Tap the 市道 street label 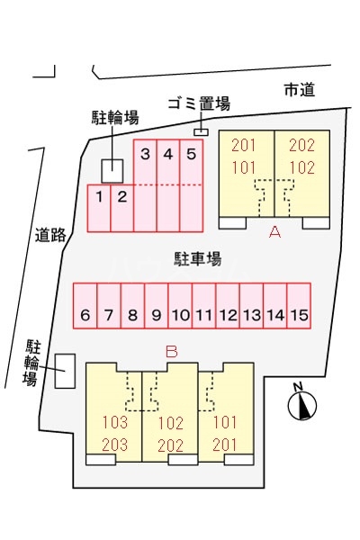point(300,90)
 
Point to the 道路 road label point(50,235)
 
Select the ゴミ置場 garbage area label point(199,103)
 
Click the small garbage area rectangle point(202,132)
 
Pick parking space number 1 point(99,208)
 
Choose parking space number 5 point(191,185)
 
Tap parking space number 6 point(85,306)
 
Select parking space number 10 point(180,306)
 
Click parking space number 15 point(299,306)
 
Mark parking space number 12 point(228,306)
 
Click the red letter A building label point(274,232)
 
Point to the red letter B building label point(172,352)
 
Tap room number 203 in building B point(115,445)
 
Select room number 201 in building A point(244,145)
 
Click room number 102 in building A point(301,167)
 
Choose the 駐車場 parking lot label point(197,258)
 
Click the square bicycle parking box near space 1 point(112,171)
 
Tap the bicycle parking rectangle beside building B point(65,371)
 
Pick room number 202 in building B point(170,445)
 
